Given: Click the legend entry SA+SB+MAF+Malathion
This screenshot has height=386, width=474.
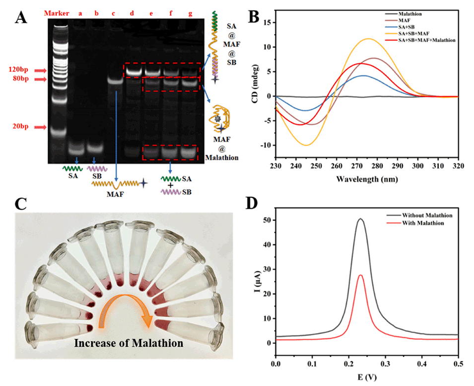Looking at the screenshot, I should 427,39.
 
